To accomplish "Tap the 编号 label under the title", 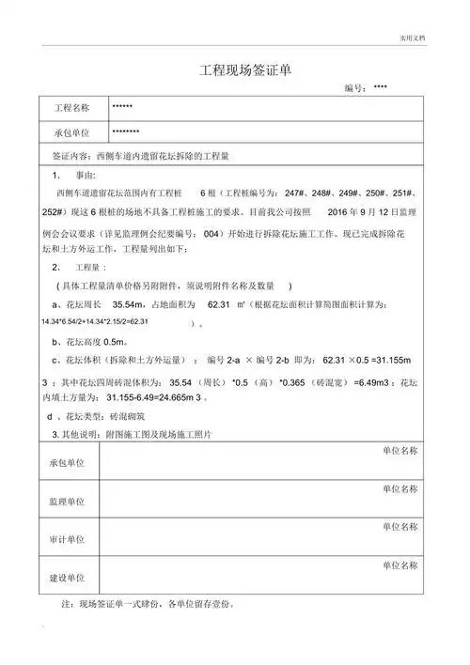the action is [x=353, y=87].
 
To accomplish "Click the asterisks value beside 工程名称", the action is [x=122, y=107].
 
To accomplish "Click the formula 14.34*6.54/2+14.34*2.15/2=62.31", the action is [x=95, y=321].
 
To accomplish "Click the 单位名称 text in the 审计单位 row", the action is [x=399, y=527].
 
